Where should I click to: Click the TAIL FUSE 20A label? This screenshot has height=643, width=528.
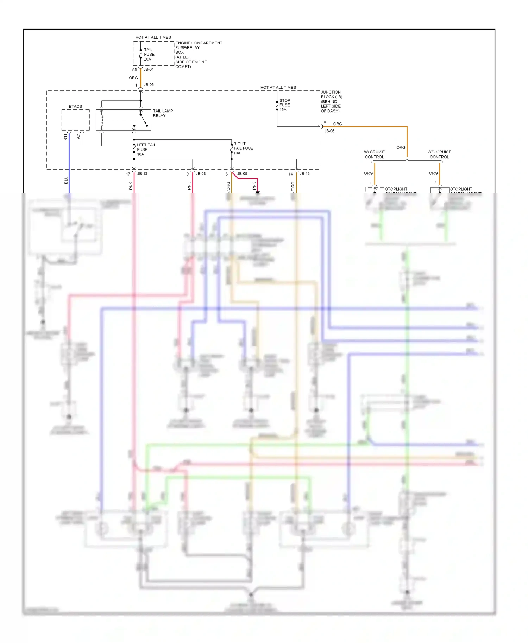(149, 55)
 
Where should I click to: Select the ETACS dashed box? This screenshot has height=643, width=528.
(75, 120)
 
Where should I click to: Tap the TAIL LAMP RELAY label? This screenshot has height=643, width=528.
(163, 113)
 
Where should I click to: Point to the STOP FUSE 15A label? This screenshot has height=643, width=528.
(284, 105)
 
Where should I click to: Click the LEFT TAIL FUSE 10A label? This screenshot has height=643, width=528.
(146, 149)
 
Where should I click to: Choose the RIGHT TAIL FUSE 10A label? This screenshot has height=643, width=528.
(243, 148)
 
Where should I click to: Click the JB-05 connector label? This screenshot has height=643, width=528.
(149, 85)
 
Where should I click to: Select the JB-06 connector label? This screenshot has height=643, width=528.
(329, 131)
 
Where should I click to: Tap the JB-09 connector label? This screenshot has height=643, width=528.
(242, 174)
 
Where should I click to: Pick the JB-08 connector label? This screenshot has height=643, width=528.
(201, 174)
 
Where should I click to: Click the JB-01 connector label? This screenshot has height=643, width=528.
(149, 69)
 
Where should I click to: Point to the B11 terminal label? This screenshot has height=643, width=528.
(65, 137)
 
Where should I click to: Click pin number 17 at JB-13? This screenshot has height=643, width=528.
(128, 174)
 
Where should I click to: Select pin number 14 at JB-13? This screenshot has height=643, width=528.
(290, 174)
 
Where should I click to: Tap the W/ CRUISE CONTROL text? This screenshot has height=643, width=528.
(374, 154)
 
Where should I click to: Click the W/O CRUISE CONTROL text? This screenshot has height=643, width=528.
(439, 154)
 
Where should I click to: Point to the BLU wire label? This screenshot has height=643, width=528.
(66, 180)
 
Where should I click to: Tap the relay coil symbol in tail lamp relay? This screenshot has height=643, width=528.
(102, 120)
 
